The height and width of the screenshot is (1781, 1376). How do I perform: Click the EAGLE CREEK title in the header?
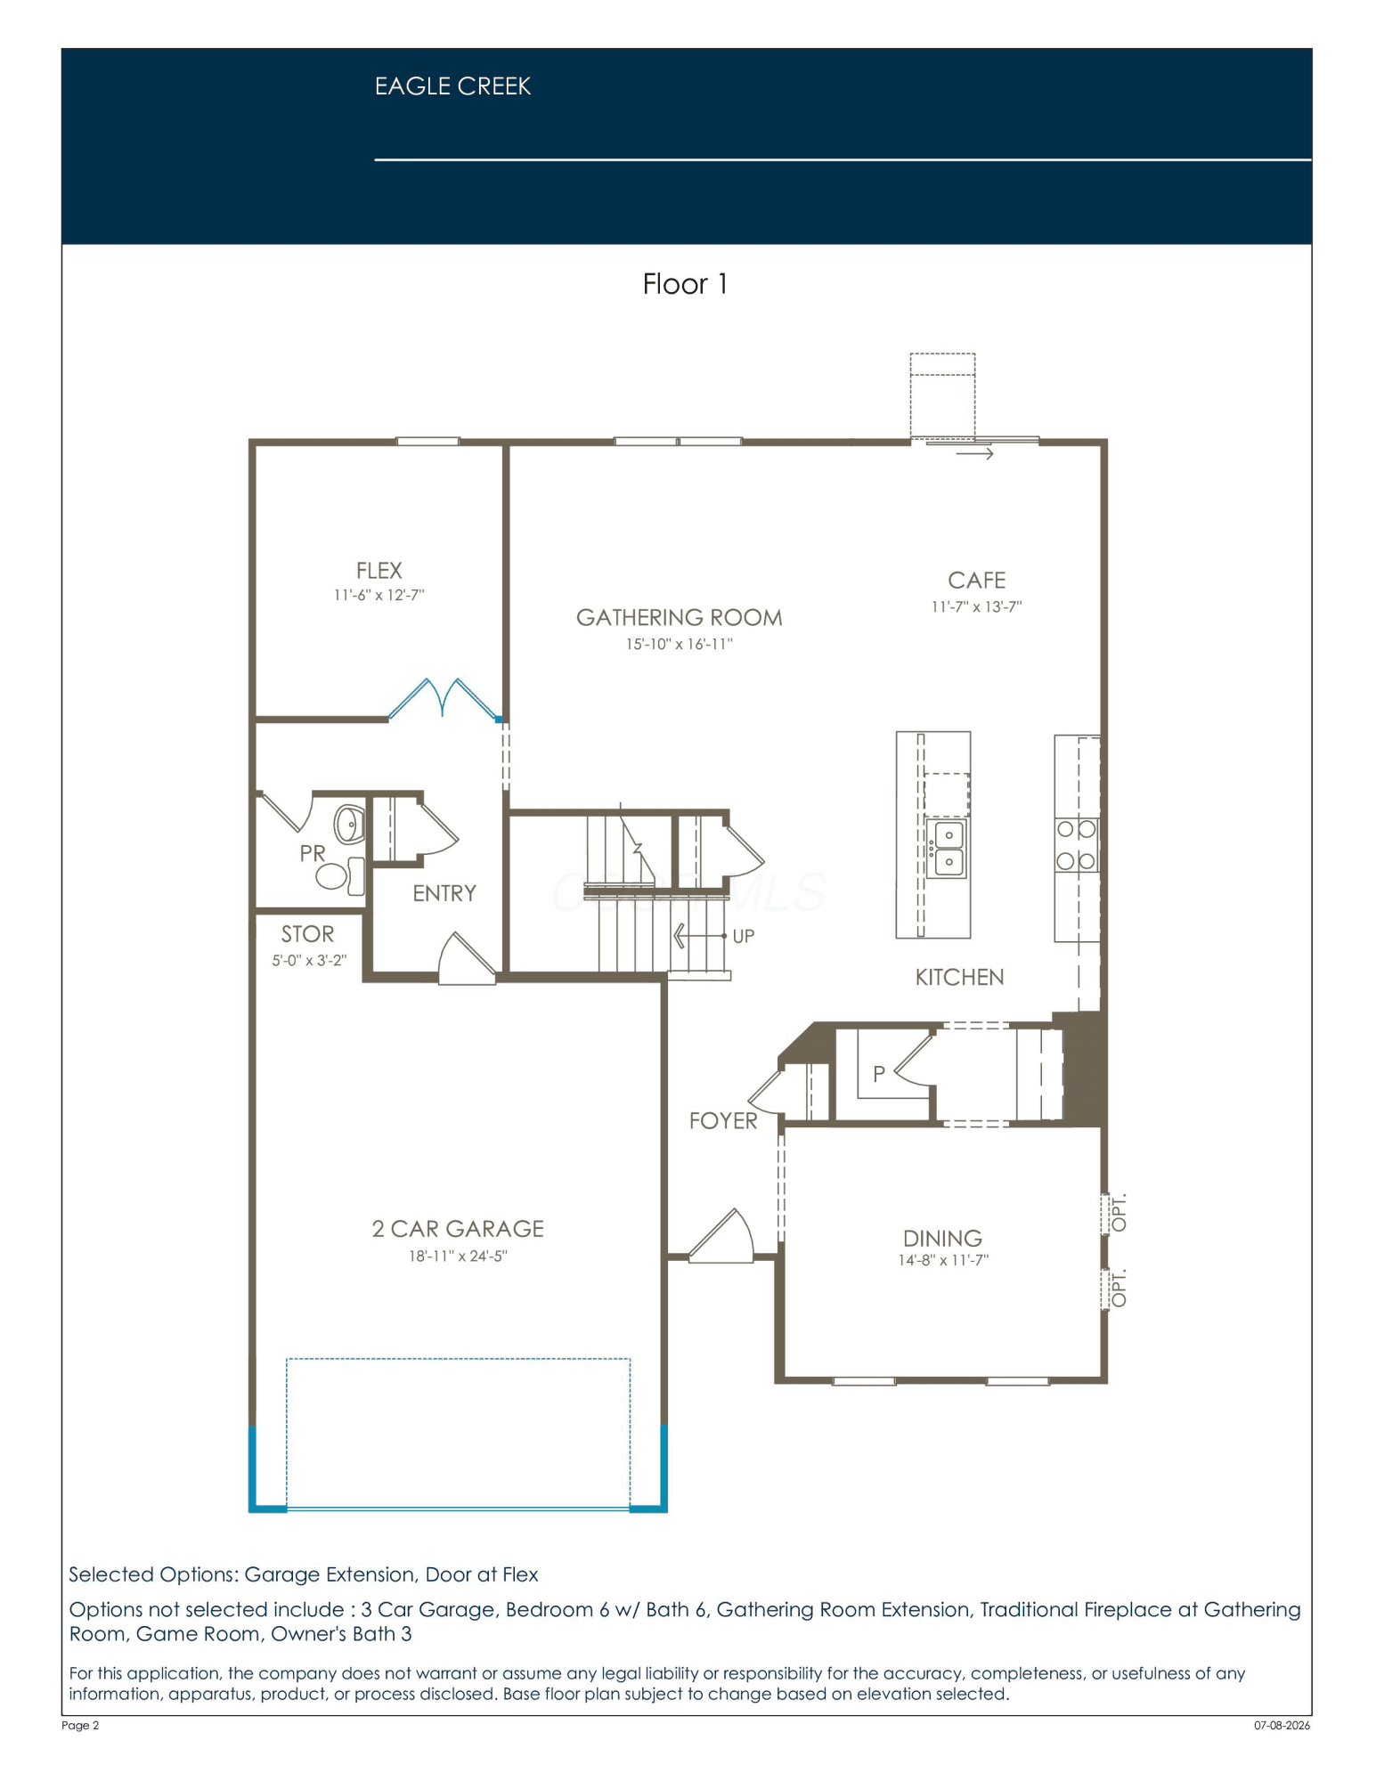click(x=452, y=86)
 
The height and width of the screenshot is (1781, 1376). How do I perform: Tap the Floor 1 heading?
click(x=685, y=284)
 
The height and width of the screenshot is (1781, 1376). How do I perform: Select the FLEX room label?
click(x=379, y=571)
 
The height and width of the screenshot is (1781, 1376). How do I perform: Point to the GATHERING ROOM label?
click(x=679, y=618)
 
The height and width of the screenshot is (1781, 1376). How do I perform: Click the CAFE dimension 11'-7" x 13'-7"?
click(x=976, y=607)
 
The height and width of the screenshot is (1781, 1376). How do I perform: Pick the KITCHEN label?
click(x=959, y=978)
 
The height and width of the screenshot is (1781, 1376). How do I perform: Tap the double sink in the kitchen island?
click(x=946, y=849)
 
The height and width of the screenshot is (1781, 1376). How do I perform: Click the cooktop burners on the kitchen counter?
click(x=1076, y=845)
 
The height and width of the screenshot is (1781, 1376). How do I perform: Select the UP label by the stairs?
click(x=743, y=936)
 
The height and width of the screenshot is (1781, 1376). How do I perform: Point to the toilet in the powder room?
click(x=342, y=875)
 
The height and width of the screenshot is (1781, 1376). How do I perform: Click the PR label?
click(x=313, y=853)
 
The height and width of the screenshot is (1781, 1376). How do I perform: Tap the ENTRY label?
click(x=444, y=893)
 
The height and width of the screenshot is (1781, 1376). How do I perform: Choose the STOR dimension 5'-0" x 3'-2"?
click(x=309, y=961)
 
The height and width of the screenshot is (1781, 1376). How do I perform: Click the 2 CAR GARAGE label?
click(x=458, y=1229)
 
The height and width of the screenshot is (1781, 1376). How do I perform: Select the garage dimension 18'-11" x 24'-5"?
click(x=458, y=1256)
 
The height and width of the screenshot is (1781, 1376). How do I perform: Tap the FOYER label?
click(x=723, y=1121)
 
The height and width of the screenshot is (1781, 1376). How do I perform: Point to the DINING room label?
click(x=942, y=1239)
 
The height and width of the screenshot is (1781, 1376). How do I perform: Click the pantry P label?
click(x=879, y=1074)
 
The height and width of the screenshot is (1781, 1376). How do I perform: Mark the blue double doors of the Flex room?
click(x=444, y=699)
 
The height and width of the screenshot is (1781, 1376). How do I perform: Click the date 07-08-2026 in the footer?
click(x=1282, y=1725)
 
